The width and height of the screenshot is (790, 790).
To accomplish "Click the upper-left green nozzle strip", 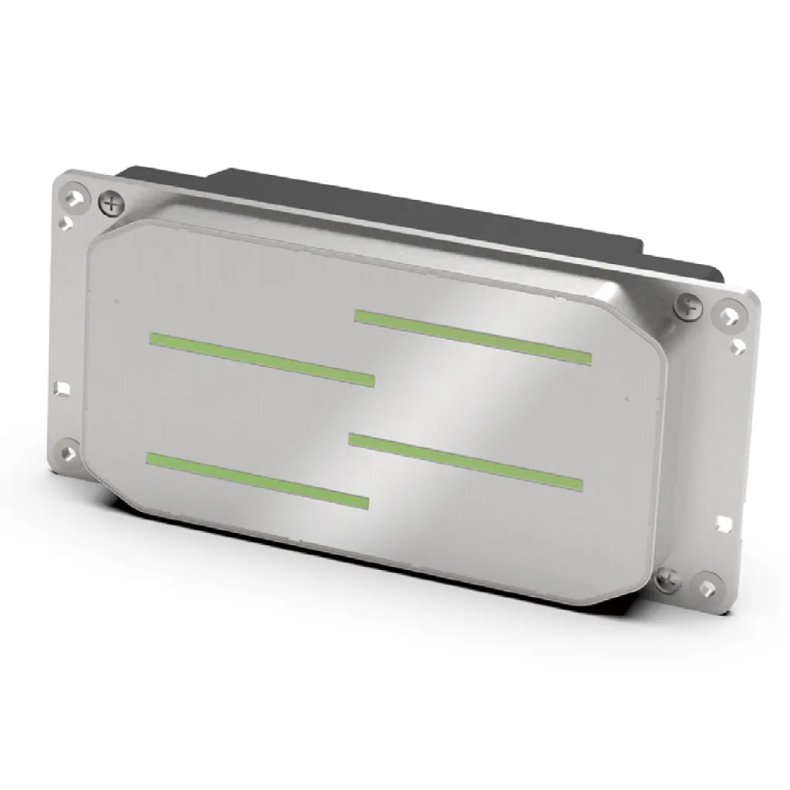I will tap(262, 359).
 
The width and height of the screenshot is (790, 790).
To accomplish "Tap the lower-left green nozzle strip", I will tap(257, 480).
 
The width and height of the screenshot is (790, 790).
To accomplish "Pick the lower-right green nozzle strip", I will tap(465, 462).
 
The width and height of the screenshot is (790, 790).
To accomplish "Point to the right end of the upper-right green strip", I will tap(587, 357).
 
